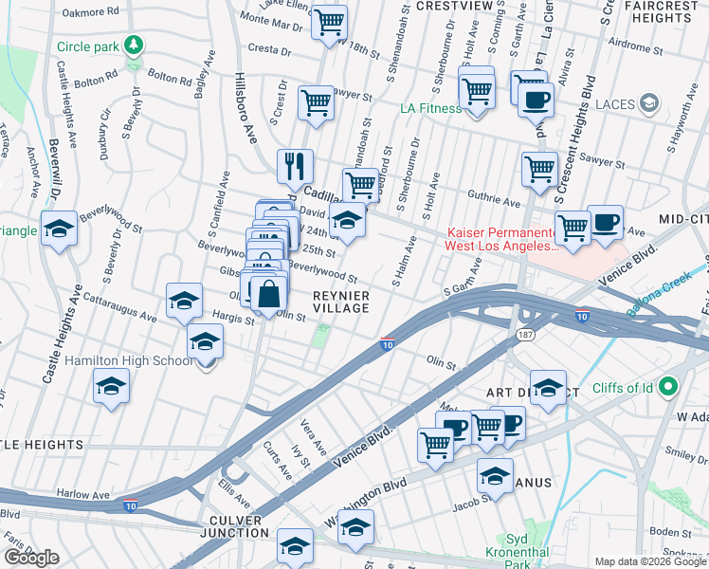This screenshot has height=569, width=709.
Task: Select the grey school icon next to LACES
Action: pyautogui.click(x=649, y=102)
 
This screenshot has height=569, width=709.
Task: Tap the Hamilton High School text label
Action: pyautogui.click(x=130, y=361)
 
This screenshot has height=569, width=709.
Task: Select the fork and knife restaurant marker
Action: pyautogui.click(x=295, y=167)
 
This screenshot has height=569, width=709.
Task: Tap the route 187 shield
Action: pyautogui.click(x=524, y=336)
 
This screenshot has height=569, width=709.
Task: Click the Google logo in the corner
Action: pyautogui.click(x=31, y=557)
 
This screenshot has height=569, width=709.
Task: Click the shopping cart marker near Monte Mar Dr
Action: pyautogui.click(x=329, y=21)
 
